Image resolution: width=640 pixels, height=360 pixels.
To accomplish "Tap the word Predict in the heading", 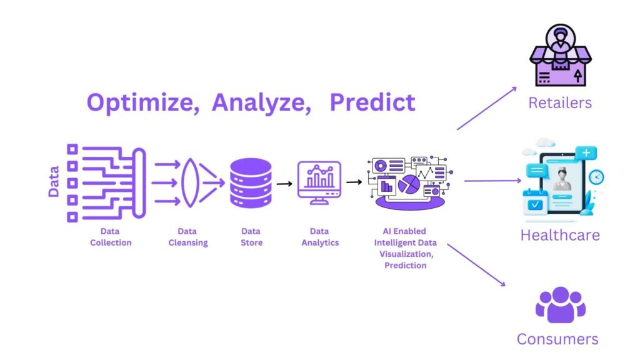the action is tap(372, 102).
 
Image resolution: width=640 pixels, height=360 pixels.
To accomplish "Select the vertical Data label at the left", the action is tap(54, 181).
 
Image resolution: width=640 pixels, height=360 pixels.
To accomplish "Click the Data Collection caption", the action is tap(111, 237).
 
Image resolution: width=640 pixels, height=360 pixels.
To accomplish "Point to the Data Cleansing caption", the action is tap(187, 237).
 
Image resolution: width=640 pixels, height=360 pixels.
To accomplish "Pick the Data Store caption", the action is tap(251, 237).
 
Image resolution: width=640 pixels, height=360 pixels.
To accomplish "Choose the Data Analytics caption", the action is tap(320, 237).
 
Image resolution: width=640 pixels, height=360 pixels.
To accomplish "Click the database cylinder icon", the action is tap(251, 183).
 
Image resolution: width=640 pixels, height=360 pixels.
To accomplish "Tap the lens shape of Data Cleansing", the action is tap(190, 183).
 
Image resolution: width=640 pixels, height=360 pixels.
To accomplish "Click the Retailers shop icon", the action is tap(561, 55).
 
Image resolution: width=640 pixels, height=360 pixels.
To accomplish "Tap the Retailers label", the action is tap(560, 103).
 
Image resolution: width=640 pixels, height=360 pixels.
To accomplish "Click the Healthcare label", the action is tap(560, 235).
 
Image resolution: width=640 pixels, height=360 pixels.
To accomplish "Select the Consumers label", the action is tap(557, 339).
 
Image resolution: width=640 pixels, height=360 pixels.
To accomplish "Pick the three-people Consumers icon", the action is tap(561, 304).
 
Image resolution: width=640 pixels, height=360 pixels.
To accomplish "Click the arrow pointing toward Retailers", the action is tap(486, 108).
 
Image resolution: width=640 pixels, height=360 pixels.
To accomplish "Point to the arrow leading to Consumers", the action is tap(476, 265).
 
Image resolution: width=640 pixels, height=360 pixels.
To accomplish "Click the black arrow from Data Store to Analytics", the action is tap(284, 184).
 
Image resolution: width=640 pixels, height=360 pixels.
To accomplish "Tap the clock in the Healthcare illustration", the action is tap(596, 177).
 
